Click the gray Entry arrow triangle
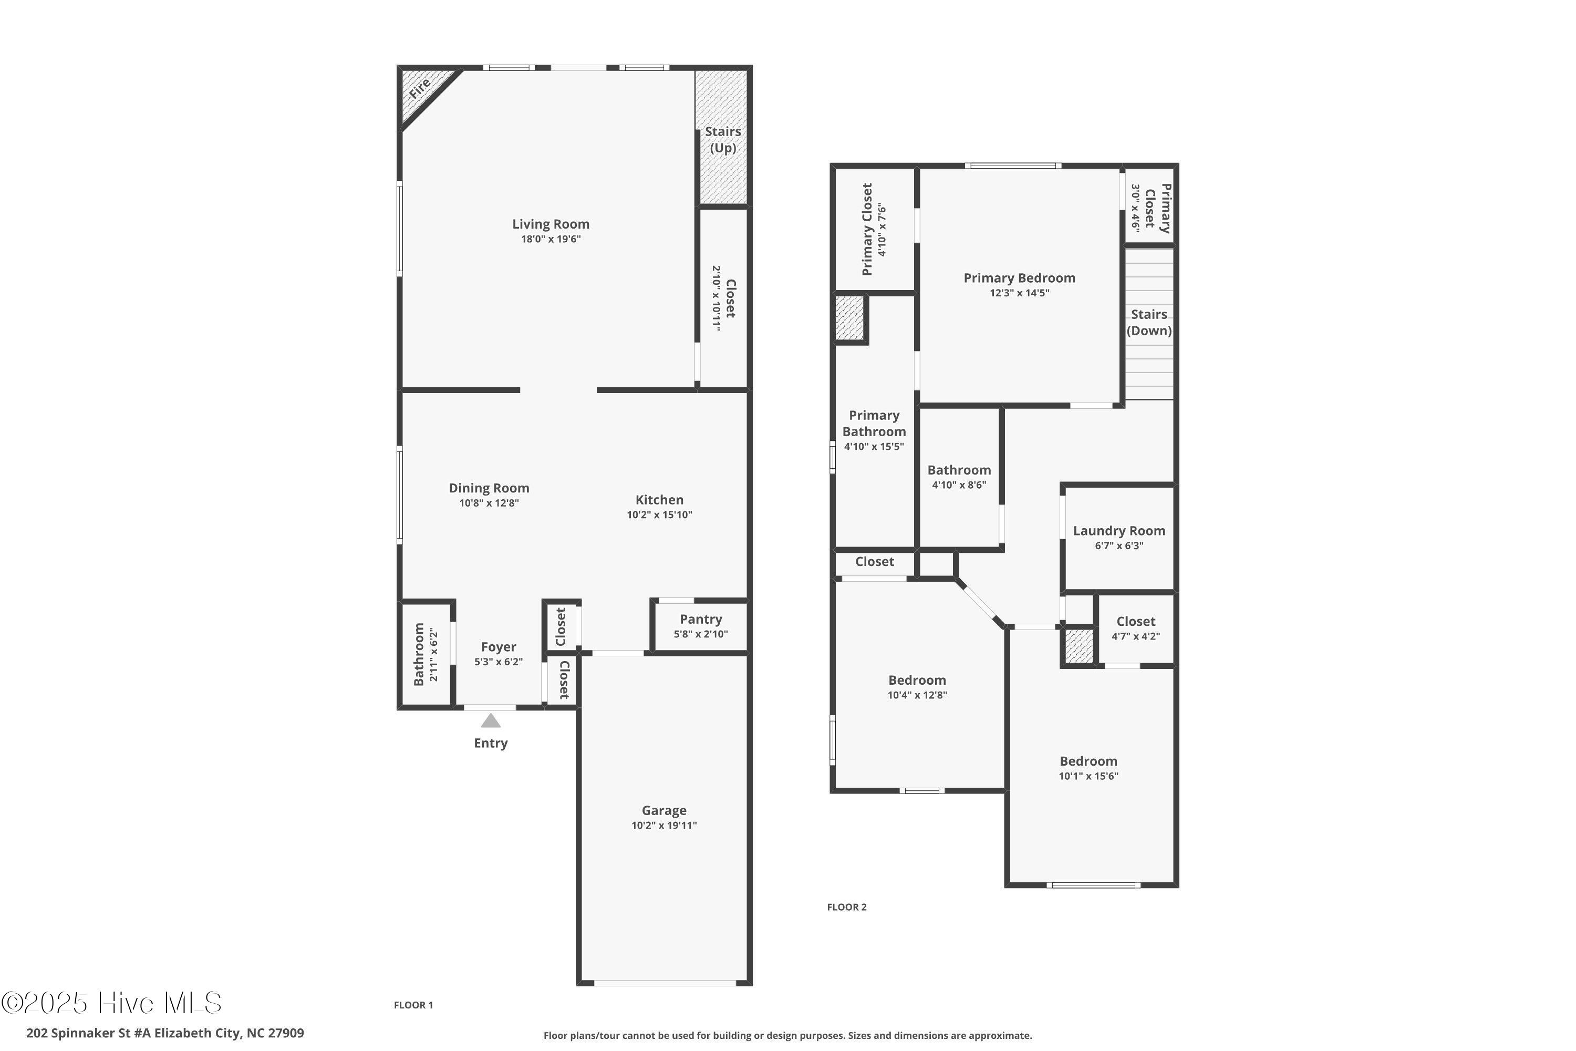[491, 721]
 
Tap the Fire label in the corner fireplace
[420, 88]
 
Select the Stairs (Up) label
[723, 139]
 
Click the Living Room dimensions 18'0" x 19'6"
[551, 239]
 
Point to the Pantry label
[701, 620]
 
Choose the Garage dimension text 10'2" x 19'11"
[664, 826]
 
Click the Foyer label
[499, 647]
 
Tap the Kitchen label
[659, 500]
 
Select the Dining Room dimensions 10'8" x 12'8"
[489, 503]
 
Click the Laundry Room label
[1119, 531]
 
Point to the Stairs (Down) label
[1149, 323]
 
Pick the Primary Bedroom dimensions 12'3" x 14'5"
[1020, 293]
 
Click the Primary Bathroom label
[874, 424]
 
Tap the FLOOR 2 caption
[847, 908]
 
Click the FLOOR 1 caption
[413, 1005]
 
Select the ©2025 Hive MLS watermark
[111, 1003]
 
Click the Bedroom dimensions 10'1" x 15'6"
[1088, 776]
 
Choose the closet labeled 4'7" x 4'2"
[1136, 628]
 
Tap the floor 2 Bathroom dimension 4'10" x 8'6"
[959, 485]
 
